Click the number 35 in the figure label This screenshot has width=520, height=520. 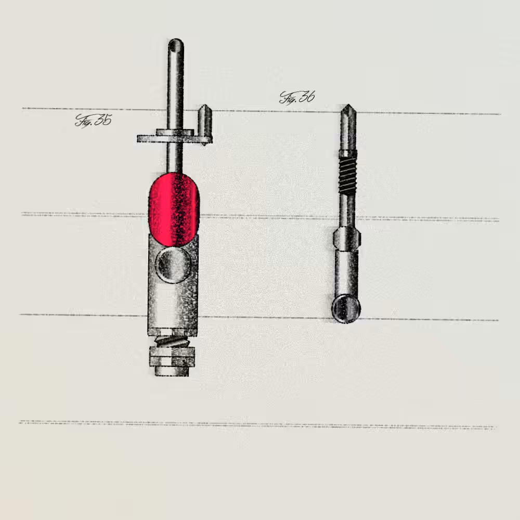pos(103,120)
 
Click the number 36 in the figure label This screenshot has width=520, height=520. pos(307,97)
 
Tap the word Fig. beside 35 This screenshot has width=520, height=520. pos(84,121)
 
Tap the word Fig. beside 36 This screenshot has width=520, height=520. pos(288,98)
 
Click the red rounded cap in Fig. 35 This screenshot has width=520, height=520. pos(174,209)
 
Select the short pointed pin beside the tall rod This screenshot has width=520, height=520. pos(205,124)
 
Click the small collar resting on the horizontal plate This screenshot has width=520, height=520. pos(175,132)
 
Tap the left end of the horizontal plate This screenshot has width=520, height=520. pos(138,139)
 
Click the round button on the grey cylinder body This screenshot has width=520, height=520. pos(173,265)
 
